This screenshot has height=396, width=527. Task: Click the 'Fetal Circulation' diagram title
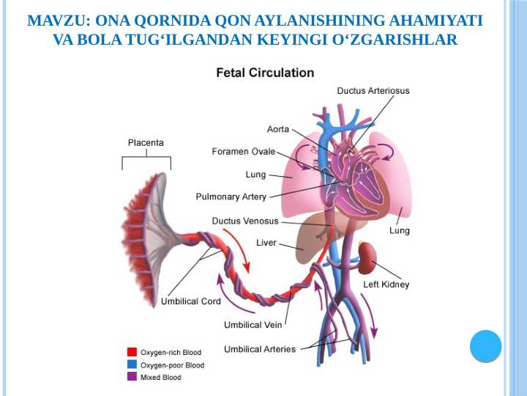265,73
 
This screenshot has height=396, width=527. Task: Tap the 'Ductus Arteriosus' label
373,91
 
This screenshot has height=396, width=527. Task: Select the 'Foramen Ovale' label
244,152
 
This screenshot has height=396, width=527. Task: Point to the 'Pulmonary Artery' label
231,197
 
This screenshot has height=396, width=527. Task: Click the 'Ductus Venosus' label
245,221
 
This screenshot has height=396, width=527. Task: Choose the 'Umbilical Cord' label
191,301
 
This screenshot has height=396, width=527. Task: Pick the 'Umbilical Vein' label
253,325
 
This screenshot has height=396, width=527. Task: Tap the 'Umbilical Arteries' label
260,349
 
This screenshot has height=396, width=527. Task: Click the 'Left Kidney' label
386,285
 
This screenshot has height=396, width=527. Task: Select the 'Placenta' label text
146,143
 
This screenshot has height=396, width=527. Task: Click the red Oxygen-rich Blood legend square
132,352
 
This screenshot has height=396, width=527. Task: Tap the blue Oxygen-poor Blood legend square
132,364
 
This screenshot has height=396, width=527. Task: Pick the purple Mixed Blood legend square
132,377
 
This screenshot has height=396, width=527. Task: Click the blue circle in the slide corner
486,346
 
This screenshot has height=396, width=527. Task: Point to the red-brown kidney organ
367,257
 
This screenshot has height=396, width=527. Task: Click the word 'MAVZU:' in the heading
59,21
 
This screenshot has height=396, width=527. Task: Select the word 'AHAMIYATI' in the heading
436,21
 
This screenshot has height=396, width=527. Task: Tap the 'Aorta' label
278,129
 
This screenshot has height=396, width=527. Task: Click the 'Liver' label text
266,243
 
